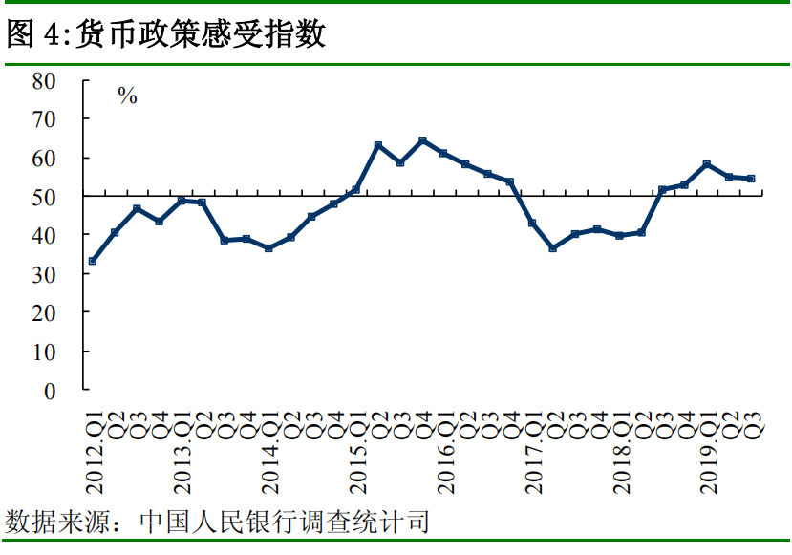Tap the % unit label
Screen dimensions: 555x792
pos(127,96)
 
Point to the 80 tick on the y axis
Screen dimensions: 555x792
pos(44,80)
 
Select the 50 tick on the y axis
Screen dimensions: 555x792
pos(44,197)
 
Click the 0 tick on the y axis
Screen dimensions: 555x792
pos(50,391)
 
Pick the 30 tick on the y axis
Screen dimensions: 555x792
pos(44,274)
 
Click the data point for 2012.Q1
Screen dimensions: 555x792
pos(93,261)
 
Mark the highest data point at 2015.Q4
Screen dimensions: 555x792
pos(422,140)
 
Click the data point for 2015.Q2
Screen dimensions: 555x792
pos(378,145)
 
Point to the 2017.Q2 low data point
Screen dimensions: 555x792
pos(553,248)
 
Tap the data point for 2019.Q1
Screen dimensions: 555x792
pos(706,164)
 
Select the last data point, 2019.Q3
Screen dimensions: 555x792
pos(751,178)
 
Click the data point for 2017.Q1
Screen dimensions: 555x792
pos(531,224)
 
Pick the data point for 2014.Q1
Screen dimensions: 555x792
pos(268,248)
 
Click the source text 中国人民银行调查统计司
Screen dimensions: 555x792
pos(285,523)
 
